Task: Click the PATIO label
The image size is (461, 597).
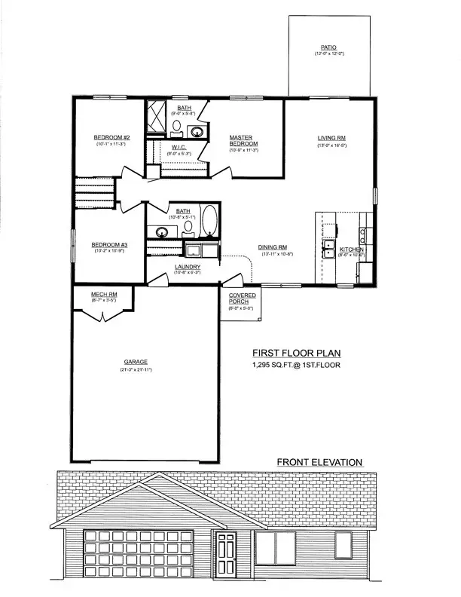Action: pos(328,47)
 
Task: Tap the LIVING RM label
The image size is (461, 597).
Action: pos(331,137)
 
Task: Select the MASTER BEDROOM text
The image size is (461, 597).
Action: pos(244,140)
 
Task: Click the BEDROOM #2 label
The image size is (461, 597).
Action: pos(112,137)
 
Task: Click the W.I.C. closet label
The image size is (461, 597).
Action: pos(179,147)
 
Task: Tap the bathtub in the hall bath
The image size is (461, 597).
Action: pos(210,224)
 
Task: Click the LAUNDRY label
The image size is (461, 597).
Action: pos(186,267)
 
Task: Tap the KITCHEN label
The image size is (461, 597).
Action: pos(352,250)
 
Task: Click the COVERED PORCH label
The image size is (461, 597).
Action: pos(242,298)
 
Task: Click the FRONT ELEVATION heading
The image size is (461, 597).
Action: pos(319,462)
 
